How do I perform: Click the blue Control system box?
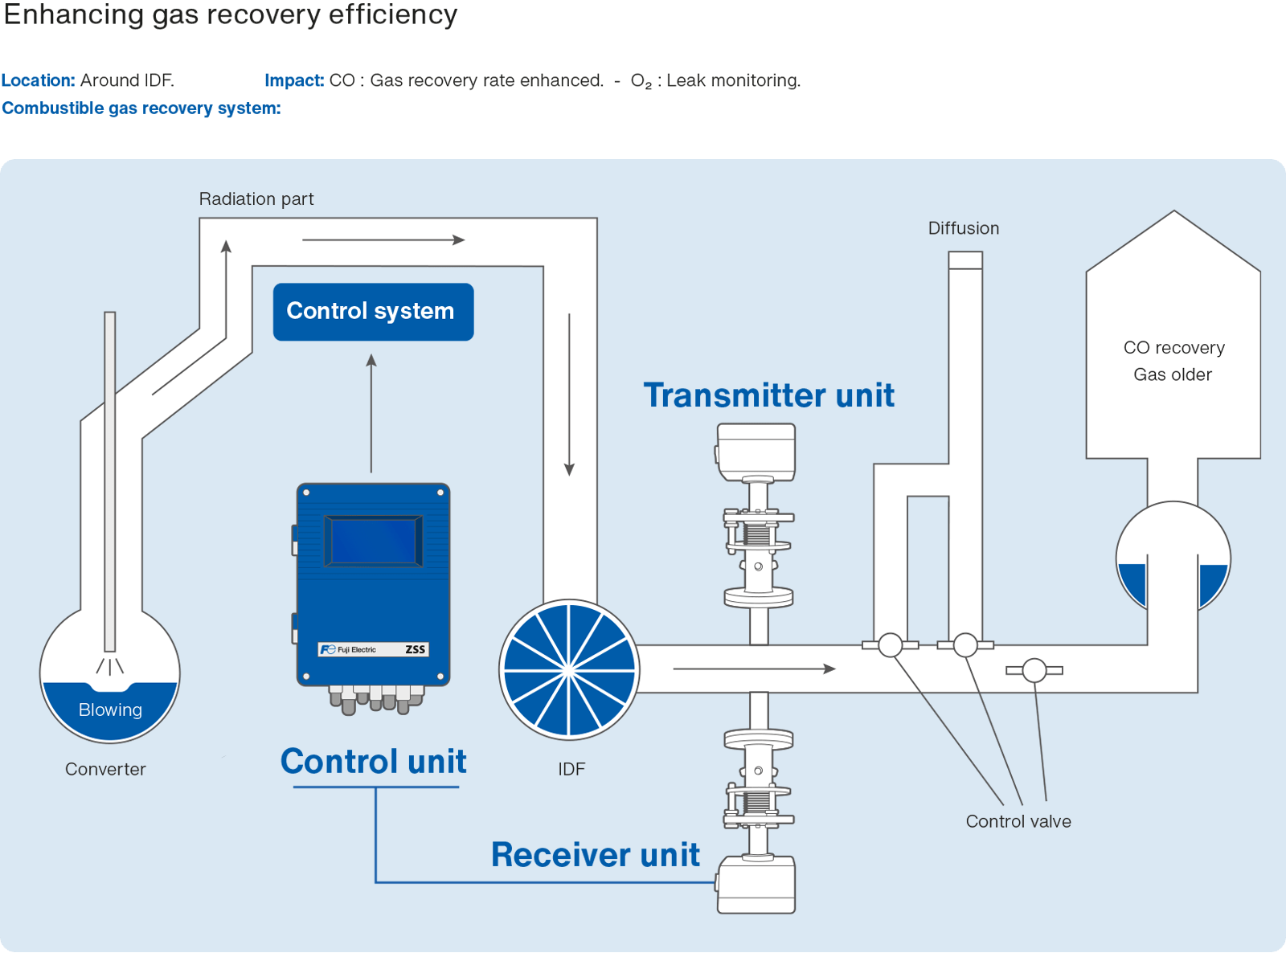pos(373,312)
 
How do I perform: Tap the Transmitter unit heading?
pos(768,395)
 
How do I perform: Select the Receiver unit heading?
pos(595,855)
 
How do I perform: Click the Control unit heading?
pos(373,762)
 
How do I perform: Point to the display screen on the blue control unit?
pos(373,541)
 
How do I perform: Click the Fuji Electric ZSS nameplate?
pos(374,649)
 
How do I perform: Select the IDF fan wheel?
pos(569,669)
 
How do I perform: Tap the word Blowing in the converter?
pos(110,710)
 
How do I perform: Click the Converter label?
pos(105,769)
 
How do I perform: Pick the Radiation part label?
pos(256,199)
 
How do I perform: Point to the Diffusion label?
pos(963,228)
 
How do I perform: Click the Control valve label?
pos(1018,821)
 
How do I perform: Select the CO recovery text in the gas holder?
pos(1173,348)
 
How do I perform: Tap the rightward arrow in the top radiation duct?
pos(383,239)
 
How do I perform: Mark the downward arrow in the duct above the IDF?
pos(569,394)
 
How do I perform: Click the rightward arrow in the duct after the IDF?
pos(754,669)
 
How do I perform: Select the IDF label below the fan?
pos(571,769)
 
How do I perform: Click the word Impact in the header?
pos(293,80)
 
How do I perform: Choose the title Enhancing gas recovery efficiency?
pos(231,14)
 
